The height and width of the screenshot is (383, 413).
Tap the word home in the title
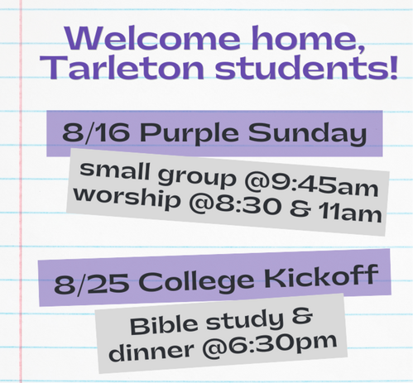(x=308, y=39)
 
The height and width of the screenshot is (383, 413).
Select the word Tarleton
(x=123, y=67)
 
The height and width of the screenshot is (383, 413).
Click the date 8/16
(x=96, y=132)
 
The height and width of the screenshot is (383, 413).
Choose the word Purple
(x=190, y=133)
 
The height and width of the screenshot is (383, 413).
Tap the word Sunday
(x=307, y=134)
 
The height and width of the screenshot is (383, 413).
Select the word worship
(x=127, y=198)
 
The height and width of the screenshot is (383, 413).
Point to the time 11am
(x=350, y=213)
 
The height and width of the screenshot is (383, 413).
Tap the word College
(x=196, y=280)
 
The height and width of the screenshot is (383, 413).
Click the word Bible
(x=166, y=325)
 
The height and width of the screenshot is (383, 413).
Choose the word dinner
(x=151, y=351)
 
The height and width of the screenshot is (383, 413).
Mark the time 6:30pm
(x=270, y=346)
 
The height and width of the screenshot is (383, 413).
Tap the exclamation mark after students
(x=392, y=67)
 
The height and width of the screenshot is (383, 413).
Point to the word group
(x=197, y=179)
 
